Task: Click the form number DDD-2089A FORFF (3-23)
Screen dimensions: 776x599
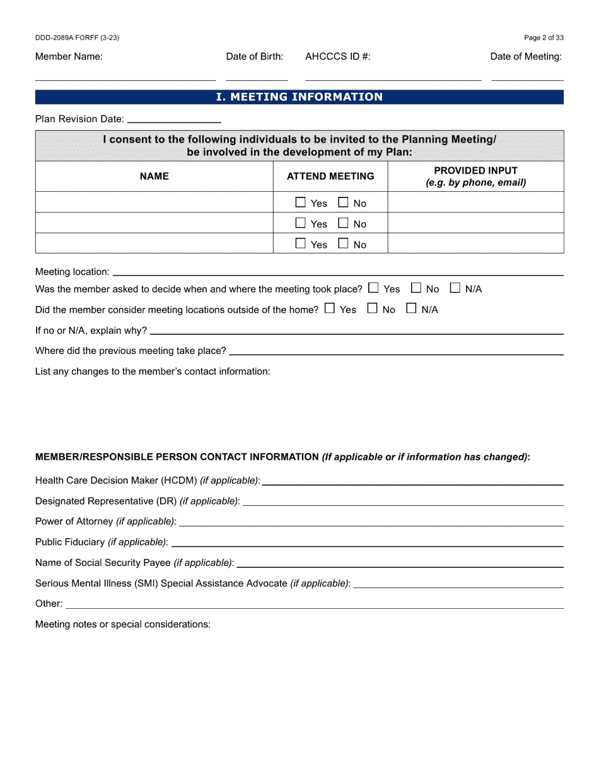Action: tap(77, 38)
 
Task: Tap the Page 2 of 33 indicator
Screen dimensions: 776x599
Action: tap(544, 38)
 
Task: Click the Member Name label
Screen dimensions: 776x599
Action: tap(69, 57)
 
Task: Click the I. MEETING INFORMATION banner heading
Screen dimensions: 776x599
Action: tap(299, 97)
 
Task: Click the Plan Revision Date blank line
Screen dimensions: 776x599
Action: tap(174, 120)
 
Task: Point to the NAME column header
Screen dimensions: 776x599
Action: tap(154, 177)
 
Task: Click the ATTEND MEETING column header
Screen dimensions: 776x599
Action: tap(330, 177)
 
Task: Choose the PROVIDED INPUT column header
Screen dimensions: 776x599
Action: tap(475, 177)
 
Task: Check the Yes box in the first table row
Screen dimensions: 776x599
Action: tap(301, 203)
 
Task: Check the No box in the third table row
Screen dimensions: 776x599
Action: tap(344, 244)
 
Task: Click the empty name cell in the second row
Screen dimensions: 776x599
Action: tap(154, 223)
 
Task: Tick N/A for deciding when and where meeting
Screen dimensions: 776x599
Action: tap(455, 288)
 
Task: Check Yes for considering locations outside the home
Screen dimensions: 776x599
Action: tap(330, 309)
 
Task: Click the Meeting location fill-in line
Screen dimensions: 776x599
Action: tap(337, 274)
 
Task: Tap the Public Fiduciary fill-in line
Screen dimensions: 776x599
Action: tap(367, 544)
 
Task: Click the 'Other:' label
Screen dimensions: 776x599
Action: tap(49, 604)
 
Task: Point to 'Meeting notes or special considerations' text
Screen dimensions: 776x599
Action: tap(122, 625)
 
